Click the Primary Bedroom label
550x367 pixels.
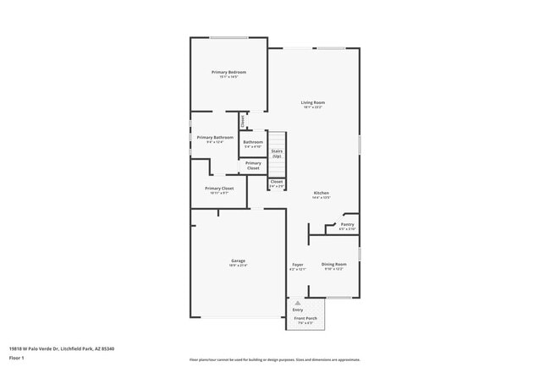[223, 73]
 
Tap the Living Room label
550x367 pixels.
[313, 102]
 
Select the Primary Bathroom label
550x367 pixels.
[215, 137]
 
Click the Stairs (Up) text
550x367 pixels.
[277, 153]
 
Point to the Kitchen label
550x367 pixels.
[322, 193]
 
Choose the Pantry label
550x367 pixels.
[347, 224]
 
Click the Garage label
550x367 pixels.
[238, 260]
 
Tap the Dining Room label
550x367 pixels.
[334, 264]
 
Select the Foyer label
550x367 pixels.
[297, 265]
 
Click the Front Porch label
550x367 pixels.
[304, 318]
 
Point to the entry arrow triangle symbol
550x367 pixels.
[297, 303]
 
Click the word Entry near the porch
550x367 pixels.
[298, 309]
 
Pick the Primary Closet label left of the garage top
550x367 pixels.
[219, 188]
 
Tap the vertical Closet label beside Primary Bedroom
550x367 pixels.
[243, 121]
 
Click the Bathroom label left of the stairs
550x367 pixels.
[253, 141]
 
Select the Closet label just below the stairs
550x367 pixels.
[277, 181]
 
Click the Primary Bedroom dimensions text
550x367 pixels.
[223, 78]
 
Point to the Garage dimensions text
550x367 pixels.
[238, 265]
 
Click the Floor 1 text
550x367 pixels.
[18, 357]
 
